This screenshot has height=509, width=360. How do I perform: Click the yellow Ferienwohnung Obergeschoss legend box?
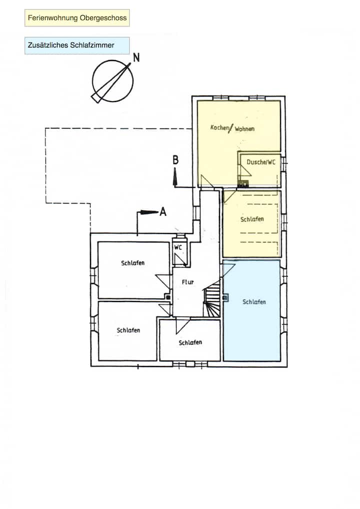77,18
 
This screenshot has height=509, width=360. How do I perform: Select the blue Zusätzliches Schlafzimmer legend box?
77,45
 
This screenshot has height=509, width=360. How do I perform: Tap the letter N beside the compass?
136,57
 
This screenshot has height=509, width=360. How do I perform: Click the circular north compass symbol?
113,81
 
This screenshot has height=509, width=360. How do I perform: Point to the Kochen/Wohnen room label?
232,128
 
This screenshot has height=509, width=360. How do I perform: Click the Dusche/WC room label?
260,161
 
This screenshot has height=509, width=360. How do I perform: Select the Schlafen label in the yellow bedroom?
252,219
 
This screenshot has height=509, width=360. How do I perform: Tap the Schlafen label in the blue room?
254,302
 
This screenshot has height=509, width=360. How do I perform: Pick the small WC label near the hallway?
177,247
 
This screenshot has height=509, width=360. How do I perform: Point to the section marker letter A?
163,212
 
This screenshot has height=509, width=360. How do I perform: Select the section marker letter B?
175,160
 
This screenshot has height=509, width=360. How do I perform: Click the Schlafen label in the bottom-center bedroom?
190,342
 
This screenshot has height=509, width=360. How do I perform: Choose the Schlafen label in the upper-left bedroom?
133,262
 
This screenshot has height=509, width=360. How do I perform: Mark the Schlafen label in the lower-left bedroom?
128,330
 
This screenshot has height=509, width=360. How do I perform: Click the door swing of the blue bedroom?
228,271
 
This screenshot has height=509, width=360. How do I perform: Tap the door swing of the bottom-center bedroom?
182,326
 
